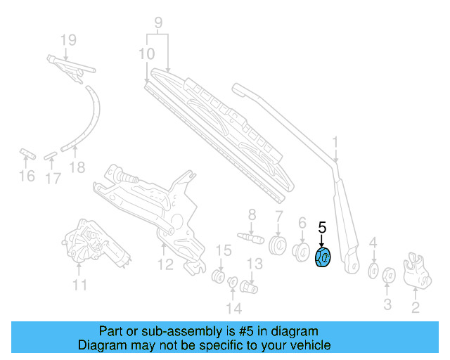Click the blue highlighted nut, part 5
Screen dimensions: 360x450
[x=322, y=257]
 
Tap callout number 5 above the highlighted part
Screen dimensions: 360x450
[x=322, y=228]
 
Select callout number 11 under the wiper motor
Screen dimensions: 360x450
[x=80, y=285]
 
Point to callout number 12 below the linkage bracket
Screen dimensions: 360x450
[x=165, y=265]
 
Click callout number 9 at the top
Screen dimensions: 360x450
[x=158, y=22]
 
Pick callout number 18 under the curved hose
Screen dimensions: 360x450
[x=77, y=167]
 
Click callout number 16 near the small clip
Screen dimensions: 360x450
[x=26, y=176]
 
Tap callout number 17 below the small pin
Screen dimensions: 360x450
[x=53, y=179]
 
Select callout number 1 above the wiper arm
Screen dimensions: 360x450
[x=335, y=144]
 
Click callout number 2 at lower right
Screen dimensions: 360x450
[x=415, y=307]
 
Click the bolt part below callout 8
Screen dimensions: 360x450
[x=251, y=237]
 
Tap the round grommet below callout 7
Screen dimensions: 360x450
[x=278, y=247]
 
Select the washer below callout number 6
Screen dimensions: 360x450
[x=303, y=251]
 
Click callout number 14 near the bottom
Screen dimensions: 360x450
[x=233, y=308]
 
